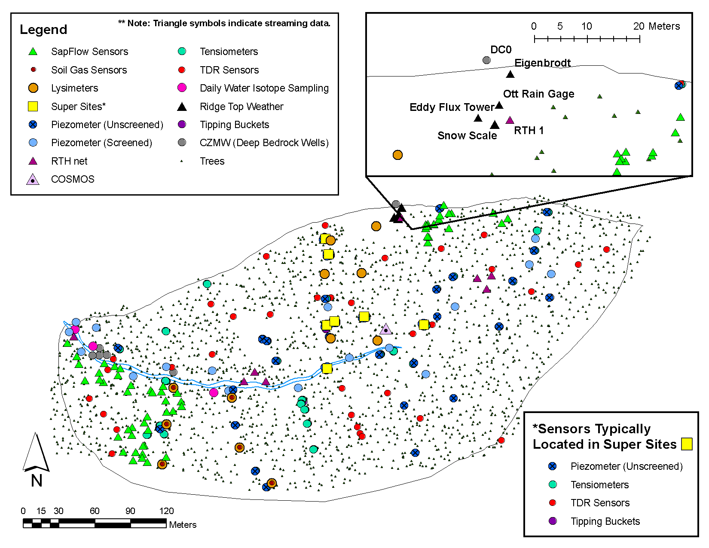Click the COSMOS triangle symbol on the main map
(386, 329)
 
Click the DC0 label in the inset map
(501, 49)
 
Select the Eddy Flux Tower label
(452, 107)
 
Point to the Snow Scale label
(467, 135)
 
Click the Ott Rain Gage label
(539, 94)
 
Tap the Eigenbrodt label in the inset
(543, 63)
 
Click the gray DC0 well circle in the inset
(486, 60)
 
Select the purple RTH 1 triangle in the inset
(510, 120)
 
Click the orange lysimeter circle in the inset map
(397, 155)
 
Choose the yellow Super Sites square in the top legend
(33, 107)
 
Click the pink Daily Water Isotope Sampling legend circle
(182, 88)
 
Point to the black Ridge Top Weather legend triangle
(182, 107)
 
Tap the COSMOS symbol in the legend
(33, 180)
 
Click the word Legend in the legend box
(43, 30)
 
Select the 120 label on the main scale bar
(166, 511)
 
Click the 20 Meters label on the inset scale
(657, 26)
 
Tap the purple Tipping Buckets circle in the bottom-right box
(553, 521)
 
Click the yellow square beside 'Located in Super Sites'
(687, 444)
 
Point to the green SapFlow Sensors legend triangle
(33, 51)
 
